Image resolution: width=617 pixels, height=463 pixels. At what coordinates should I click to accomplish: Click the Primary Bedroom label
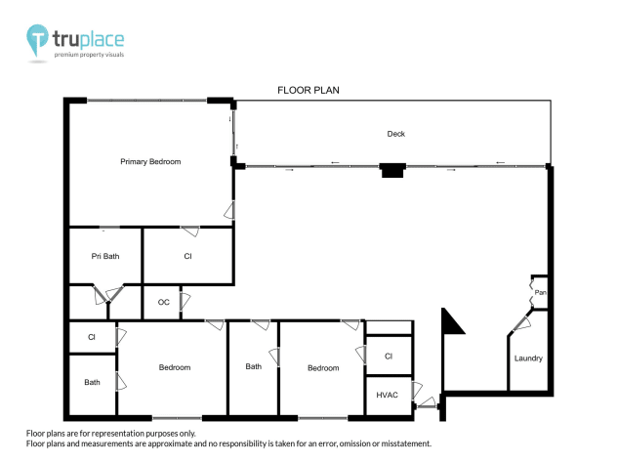pyautogui.click(x=150, y=161)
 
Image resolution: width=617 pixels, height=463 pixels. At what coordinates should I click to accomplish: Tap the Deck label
pyautogui.click(x=395, y=134)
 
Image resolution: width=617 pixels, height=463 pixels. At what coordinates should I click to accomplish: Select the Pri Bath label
pyautogui.click(x=105, y=257)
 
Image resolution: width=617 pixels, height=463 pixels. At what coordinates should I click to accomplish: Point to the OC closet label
pyautogui.click(x=163, y=303)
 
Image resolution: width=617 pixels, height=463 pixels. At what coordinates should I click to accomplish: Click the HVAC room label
pyautogui.click(x=387, y=394)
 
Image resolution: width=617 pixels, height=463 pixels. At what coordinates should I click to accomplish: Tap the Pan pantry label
pyautogui.click(x=539, y=292)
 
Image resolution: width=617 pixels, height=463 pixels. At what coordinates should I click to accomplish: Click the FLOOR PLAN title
pyautogui.click(x=308, y=90)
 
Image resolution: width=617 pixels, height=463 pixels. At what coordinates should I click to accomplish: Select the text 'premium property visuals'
pyautogui.click(x=95, y=55)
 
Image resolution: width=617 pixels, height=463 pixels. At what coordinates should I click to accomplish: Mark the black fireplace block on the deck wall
pyautogui.click(x=391, y=171)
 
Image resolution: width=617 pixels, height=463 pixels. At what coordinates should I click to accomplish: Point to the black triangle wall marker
pyautogui.click(x=452, y=323)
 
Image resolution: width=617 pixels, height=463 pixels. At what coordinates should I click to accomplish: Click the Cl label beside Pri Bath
pyautogui.click(x=187, y=257)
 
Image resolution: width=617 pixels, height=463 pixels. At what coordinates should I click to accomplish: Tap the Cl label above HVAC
pyautogui.click(x=388, y=357)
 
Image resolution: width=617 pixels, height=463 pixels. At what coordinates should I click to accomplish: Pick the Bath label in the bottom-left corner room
pyautogui.click(x=92, y=382)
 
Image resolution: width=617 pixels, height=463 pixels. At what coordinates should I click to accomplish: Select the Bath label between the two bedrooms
pyautogui.click(x=254, y=367)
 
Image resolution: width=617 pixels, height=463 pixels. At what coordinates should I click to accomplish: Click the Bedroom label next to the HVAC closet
pyautogui.click(x=323, y=368)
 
